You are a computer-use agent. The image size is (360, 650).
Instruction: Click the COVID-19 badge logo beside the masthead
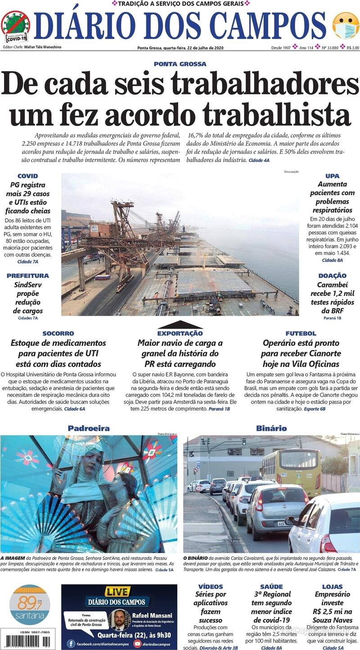(15, 26)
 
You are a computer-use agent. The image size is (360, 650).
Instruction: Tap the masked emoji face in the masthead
(345, 26)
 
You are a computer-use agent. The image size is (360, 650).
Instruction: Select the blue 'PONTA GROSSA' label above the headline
(180, 64)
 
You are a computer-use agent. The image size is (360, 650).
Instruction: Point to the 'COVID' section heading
(27, 176)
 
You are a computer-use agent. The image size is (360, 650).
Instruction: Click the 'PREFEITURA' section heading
(28, 275)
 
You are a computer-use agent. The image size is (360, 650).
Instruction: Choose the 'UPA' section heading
(332, 176)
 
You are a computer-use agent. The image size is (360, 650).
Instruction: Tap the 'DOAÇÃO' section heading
(332, 275)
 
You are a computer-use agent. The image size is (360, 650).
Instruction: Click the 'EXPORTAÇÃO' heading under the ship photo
(180, 333)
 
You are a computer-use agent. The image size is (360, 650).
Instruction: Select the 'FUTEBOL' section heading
(301, 333)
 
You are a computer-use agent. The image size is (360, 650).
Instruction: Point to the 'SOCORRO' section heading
(58, 333)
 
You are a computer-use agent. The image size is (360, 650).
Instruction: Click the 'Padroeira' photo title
(89, 428)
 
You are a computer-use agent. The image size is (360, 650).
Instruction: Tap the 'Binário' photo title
(271, 428)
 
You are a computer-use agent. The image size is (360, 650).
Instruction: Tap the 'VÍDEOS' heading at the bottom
(210, 587)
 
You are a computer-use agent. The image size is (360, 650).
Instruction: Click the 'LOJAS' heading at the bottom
(332, 587)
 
